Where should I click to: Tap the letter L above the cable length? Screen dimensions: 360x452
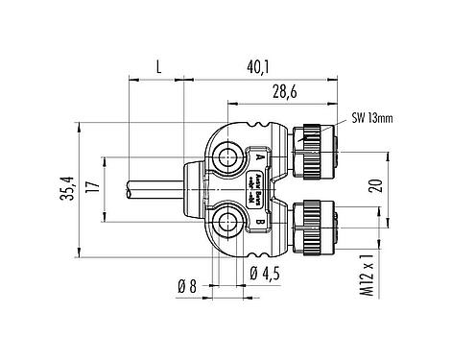pos(156,65)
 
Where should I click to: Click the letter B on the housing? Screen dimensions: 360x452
pos(259,223)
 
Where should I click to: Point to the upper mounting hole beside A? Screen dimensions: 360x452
pos(229,156)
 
